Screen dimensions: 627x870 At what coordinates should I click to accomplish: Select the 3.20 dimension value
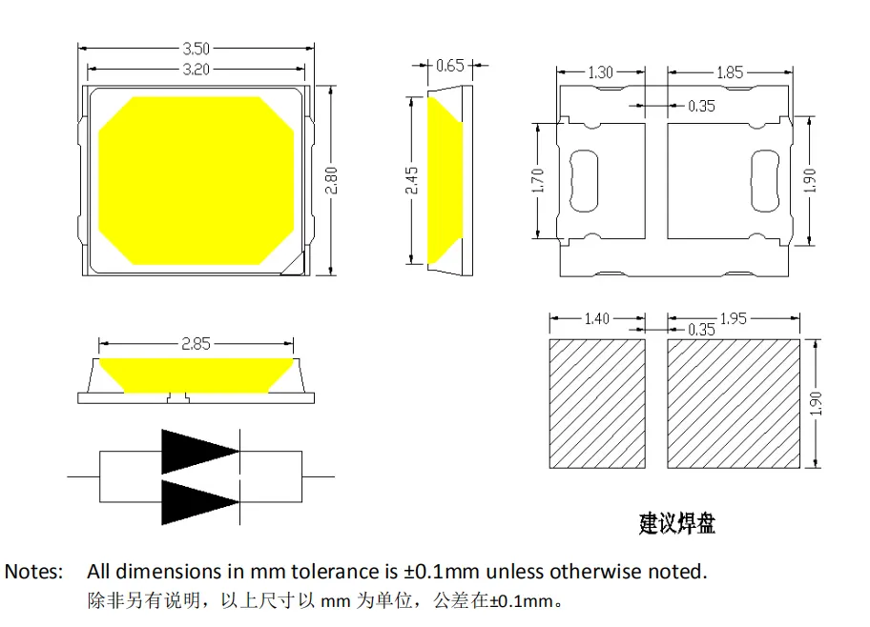tap(196, 69)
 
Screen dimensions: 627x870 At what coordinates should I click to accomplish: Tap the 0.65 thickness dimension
tap(449, 66)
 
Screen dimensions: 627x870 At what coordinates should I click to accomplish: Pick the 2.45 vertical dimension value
tap(411, 180)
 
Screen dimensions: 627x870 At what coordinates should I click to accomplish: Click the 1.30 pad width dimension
tap(601, 72)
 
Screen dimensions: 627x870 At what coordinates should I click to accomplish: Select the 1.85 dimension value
tap(730, 72)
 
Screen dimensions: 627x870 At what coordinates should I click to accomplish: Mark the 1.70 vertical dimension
tap(536, 180)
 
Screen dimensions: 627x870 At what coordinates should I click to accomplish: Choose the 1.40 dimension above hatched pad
tap(596, 318)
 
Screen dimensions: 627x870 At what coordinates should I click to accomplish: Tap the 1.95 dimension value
tap(733, 318)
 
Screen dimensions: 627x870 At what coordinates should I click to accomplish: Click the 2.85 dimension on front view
tap(196, 344)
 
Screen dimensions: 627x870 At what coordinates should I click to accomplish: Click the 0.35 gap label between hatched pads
tap(701, 331)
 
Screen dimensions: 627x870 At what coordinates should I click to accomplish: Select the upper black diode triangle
tap(198, 452)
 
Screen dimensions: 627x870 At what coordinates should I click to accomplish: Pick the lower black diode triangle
tap(198, 501)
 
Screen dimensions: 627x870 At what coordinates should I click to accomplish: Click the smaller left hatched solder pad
tap(597, 404)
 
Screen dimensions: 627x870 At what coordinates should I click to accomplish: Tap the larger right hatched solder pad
tap(733, 404)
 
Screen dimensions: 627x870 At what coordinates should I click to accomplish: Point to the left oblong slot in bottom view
tap(585, 180)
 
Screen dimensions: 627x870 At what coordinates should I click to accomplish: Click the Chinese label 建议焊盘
tap(676, 522)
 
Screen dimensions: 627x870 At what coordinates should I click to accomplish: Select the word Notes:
tap(34, 572)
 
